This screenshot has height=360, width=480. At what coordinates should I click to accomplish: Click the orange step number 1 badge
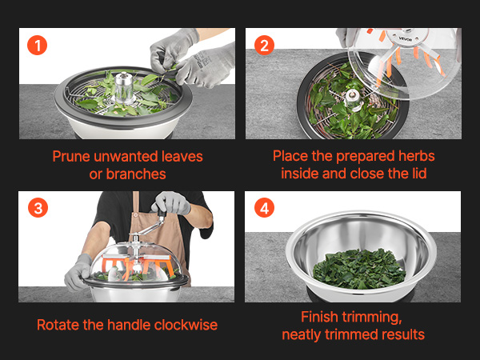(37, 46)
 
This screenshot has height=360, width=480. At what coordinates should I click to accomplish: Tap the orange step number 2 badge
(264, 46)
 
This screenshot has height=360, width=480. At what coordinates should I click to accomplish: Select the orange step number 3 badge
(38, 207)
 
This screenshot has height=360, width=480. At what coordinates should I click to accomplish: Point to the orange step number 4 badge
(264, 207)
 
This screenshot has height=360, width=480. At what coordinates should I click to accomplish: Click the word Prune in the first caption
(72, 157)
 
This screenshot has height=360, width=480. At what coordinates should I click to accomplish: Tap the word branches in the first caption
(136, 174)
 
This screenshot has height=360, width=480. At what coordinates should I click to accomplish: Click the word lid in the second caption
(419, 174)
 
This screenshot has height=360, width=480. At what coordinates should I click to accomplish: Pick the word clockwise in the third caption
(186, 325)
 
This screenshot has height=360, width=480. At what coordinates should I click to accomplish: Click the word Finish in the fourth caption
(318, 317)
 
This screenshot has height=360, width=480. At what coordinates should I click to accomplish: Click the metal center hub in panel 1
(124, 88)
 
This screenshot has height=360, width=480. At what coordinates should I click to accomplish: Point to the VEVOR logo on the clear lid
(406, 39)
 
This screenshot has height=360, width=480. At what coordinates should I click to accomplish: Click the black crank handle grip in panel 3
(162, 213)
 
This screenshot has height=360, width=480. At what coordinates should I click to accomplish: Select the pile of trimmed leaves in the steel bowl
(359, 269)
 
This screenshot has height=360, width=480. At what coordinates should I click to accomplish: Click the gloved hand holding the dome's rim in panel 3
(78, 273)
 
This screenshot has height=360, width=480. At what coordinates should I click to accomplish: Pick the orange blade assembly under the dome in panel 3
(137, 266)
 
